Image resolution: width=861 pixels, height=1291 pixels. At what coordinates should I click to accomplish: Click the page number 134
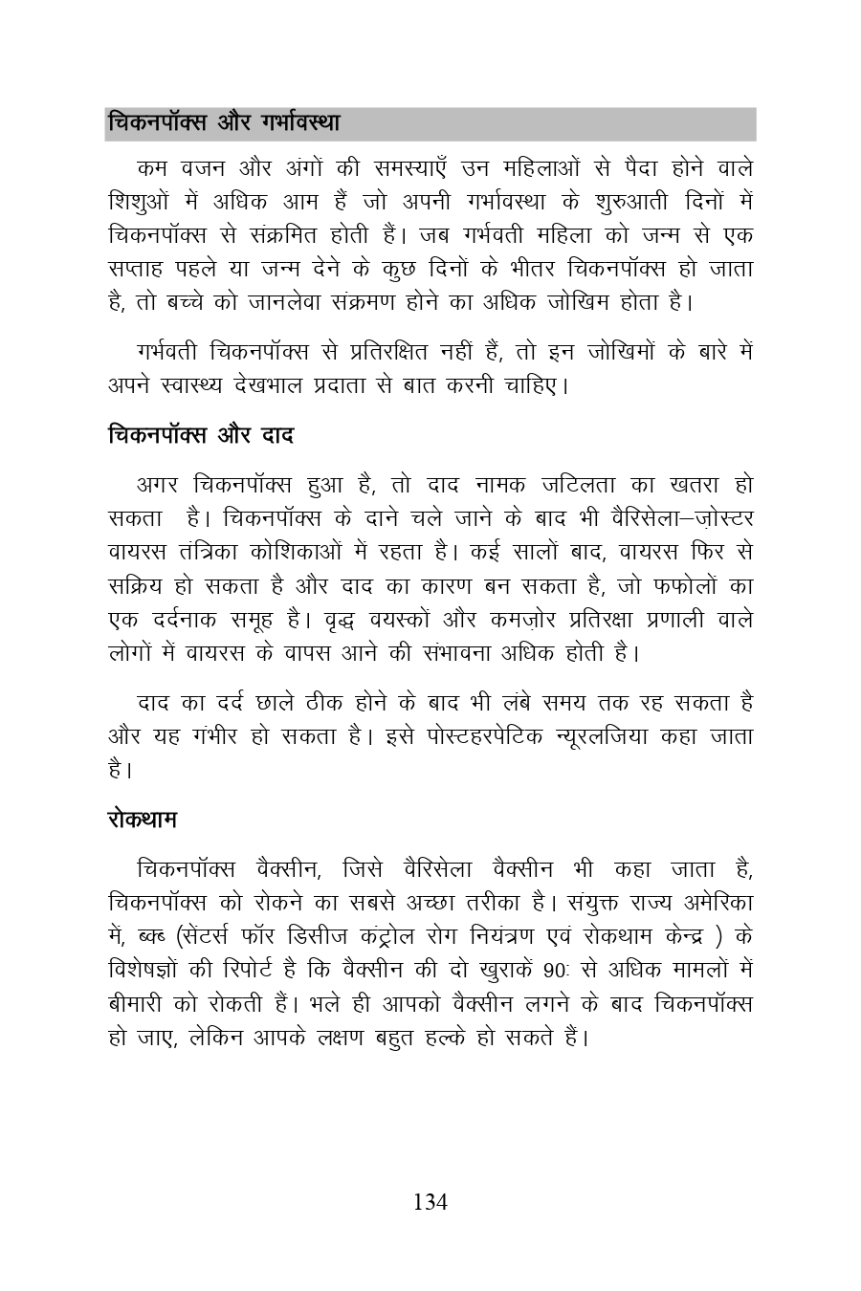click(x=430, y=1202)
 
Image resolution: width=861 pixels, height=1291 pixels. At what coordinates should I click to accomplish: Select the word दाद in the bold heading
click(x=277, y=435)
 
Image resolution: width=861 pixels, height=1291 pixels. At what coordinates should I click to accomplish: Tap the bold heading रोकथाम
click(x=142, y=821)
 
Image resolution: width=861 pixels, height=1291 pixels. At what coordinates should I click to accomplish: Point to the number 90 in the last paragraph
click(x=556, y=969)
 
